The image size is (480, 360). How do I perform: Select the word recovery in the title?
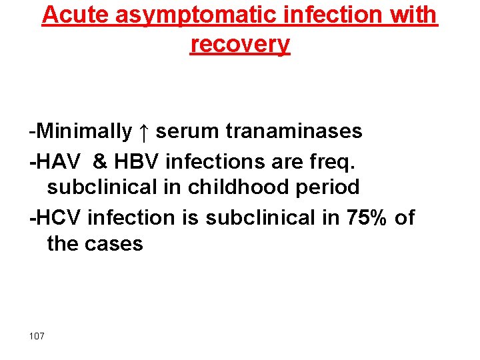click(x=240, y=44)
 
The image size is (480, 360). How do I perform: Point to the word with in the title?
click(x=413, y=15)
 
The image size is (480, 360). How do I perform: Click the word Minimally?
click(x=83, y=131)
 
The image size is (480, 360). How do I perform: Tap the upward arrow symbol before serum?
click(x=144, y=132)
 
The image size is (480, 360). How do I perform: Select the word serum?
click(x=187, y=131)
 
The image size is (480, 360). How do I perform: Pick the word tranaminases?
click(x=293, y=131)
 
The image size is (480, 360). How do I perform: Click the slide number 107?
click(x=37, y=335)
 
